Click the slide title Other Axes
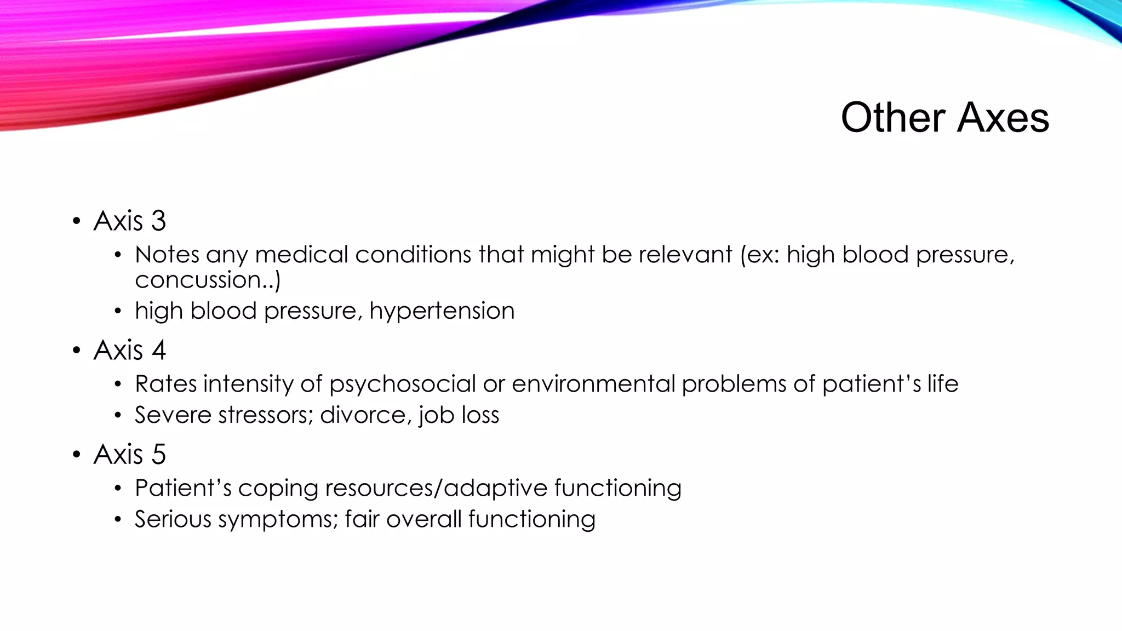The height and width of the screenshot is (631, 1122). [944, 117]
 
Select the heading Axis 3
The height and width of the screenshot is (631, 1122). [129, 221]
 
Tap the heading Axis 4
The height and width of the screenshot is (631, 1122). [129, 351]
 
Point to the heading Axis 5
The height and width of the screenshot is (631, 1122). [129, 455]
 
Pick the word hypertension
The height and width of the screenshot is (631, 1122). [442, 311]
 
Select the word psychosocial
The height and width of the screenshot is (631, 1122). [402, 384]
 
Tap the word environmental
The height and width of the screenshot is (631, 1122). [593, 384]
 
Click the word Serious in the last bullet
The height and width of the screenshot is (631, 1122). [173, 519]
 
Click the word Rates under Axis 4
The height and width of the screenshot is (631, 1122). [165, 384]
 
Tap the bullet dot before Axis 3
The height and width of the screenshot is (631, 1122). [77, 222]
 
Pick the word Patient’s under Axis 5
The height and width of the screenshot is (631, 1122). [183, 488]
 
